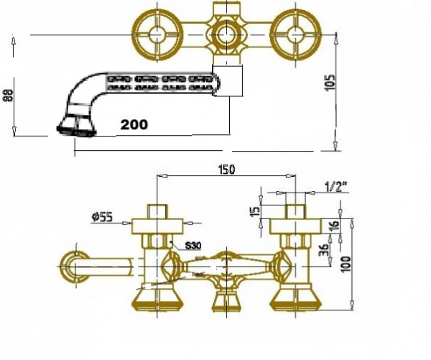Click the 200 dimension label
pyautogui.click(x=134, y=124)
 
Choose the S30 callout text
pyautogui.click(x=193, y=246)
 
